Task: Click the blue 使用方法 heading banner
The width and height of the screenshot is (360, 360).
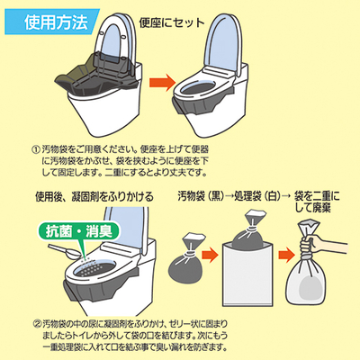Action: (51, 22)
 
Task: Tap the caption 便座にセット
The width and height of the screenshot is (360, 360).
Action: (172, 22)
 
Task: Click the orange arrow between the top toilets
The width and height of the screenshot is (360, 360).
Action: (162, 83)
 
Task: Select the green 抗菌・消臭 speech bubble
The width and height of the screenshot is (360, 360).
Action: (79, 231)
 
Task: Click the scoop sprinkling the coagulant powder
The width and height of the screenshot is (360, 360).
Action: (65, 251)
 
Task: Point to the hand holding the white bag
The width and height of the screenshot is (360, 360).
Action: (321, 245)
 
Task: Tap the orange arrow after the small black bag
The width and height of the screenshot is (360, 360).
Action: (210, 255)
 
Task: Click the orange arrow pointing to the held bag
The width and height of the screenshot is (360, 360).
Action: (286, 255)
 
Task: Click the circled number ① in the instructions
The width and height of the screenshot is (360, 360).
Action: (36, 149)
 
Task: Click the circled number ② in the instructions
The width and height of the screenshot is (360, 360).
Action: (37, 324)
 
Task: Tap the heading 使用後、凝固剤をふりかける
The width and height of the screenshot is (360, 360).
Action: (94, 197)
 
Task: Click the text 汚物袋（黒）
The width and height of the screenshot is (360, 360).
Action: (201, 196)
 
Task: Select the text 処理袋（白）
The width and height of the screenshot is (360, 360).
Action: (258, 196)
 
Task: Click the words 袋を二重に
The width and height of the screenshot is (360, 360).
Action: (317, 196)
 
